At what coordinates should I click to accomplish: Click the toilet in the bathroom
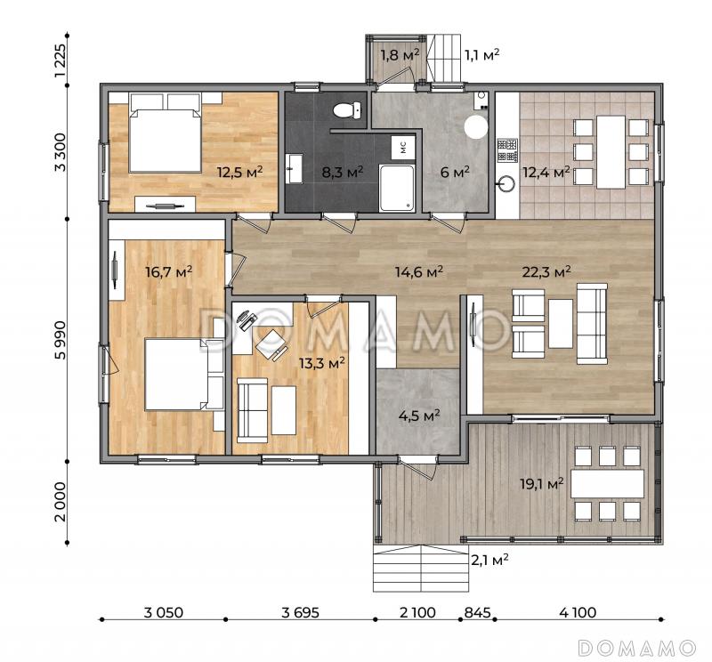[347, 109]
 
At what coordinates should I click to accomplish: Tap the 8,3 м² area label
[343, 172]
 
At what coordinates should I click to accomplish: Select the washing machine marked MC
[403, 147]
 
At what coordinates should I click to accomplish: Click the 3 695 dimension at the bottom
[300, 612]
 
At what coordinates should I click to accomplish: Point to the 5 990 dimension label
[60, 340]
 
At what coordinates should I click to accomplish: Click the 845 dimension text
[477, 612]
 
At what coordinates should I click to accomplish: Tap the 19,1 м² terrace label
[542, 483]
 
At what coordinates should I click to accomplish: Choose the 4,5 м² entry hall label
[419, 416]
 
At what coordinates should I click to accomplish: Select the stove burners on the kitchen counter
[507, 150]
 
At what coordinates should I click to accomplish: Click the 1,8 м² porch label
[400, 55]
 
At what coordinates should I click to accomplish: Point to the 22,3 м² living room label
[546, 272]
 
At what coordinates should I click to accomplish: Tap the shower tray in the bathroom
[397, 188]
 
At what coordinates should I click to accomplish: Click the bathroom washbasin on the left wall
[295, 169]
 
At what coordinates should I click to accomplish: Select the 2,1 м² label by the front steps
[489, 560]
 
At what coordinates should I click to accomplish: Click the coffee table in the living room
[561, 323]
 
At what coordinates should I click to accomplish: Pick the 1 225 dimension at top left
[60, 61]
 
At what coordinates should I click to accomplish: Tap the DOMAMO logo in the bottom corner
[637, 648]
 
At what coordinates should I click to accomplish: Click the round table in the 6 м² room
[476, 126]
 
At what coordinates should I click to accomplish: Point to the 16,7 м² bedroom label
[169, 271]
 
